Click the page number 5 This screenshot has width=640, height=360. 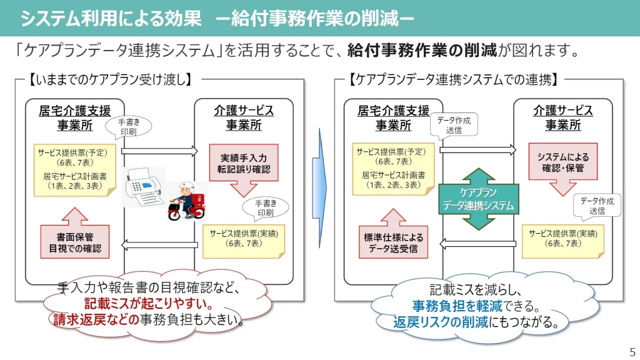(x=632, y=351)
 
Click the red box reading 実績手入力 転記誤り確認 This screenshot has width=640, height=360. (x=244, y=162)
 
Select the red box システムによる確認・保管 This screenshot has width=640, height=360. (x=562, y=162)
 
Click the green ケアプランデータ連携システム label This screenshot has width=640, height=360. (x=478, y=199)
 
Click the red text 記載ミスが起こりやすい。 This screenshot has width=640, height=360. (x=149, y=305)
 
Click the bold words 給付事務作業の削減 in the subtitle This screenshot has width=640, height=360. (x=422, y=50)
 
